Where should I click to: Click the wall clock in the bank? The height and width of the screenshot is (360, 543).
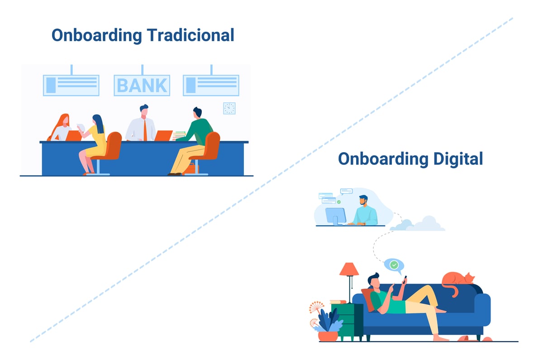click(x=229, y=108)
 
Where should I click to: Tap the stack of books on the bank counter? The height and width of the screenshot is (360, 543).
click(x=180, y=134)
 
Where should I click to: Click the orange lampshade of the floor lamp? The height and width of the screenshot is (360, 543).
click(x=349, y=269)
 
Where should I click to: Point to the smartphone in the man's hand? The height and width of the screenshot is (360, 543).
click(x=405, y=278)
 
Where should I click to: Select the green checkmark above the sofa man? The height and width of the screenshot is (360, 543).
click(x=394, y=264)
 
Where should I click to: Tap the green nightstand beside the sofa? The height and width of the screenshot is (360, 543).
click(x=348, y=322)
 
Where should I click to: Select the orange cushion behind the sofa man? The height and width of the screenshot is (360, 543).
click(x=368, y=299)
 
